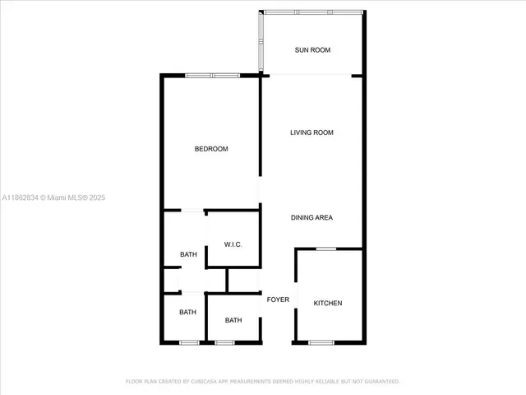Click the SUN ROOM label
pyautogui.click(x=312, y=50)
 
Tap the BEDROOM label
pyautogui.click(x=211, y=149)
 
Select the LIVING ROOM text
pyautogui.click(x=312, y=132)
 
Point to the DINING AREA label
pyautogui.click(x=312, y=218)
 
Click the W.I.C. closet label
pyautogui.click(x=233, y=245)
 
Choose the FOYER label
pyautogui.click(x=278, y=300)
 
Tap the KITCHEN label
pyautogui.click(x=328, y=304)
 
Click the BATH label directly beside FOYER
pyautogui.click(x=233, y=320)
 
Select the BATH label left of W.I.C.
pyautogui.click(x=188, y=254)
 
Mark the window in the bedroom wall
pyautogui.click(x=212, y=76)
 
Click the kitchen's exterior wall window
pyautogui.click(x=321, y=342)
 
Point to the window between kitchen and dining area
pyautogui.click(x=326, y=249)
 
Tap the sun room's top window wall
pyautogui.click(x=312, y=12)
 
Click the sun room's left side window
pyautogui.click(x=261, y=41)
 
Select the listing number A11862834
pyautogui.click(x=21, y=197)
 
